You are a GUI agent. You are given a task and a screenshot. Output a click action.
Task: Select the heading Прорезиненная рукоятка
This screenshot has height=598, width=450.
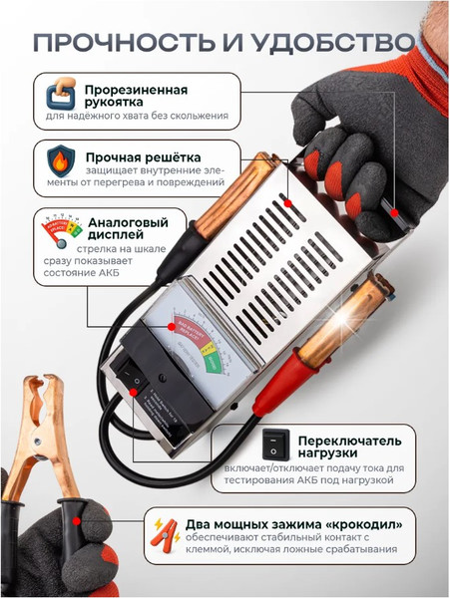(135, 98)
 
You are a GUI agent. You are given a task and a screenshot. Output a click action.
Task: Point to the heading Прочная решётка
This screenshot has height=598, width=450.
(142, 157)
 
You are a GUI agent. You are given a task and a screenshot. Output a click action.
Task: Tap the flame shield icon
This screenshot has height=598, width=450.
(61, 160)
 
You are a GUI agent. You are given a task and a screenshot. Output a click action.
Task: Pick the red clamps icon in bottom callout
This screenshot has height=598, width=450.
(162, 536)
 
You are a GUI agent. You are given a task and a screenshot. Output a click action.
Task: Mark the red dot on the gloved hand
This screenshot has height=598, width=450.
(395, 212)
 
